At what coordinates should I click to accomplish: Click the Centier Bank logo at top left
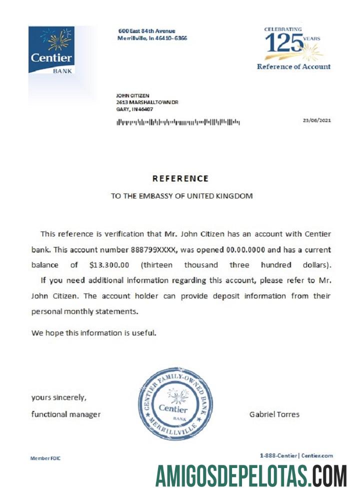click(51, 50)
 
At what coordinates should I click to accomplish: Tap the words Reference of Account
click(293, 66)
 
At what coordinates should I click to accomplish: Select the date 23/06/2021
click(316, 120)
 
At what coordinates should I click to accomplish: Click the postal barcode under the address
click(178, 121)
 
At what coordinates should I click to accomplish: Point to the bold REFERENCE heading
click(180, 178)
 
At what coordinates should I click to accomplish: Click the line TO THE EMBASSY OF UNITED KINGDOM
click(181, 196)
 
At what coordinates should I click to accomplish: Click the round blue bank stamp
click(175, 403)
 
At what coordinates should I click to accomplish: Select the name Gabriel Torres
click(274, 414)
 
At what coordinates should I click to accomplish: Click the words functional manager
click(65, 414)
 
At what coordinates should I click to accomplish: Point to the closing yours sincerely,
click(59, 398)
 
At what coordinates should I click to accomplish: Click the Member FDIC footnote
click(45, 458)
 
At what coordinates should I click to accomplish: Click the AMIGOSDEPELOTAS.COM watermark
click(251, 476)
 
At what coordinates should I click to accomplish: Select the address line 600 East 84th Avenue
click(146, 31)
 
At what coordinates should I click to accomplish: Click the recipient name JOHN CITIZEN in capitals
click(132, 95)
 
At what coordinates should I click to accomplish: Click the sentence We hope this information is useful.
click(94, 332)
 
